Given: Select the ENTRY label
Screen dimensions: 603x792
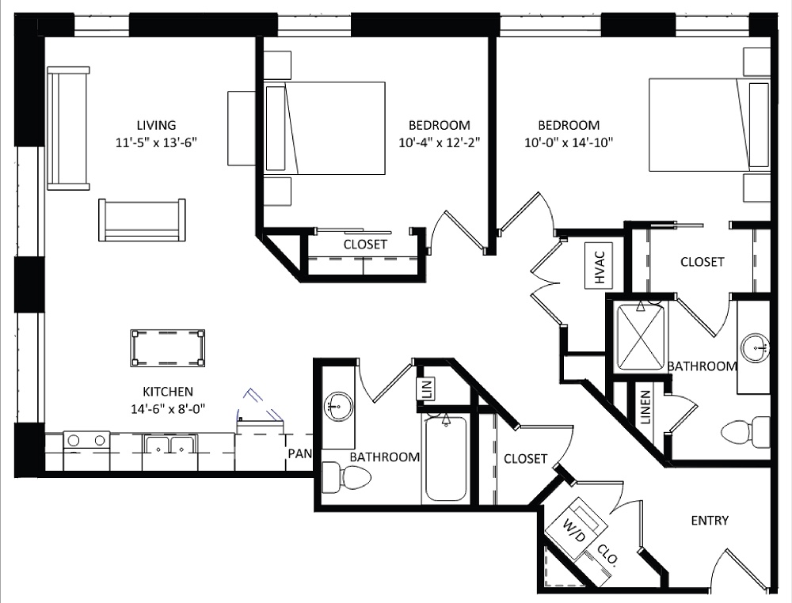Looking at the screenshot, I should point(710,521).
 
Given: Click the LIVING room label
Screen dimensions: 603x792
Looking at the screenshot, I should point(156,125).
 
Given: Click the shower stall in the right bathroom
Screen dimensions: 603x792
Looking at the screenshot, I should point(642,336).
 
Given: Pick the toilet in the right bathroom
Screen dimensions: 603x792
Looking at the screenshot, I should point(745,432).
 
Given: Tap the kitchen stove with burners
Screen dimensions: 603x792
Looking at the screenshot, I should point(86,442).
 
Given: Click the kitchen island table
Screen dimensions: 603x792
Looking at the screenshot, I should point(168,347).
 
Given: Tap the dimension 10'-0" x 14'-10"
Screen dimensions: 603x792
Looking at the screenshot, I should point(569,142).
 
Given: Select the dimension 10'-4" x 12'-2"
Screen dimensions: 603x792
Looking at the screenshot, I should point(439,142).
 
